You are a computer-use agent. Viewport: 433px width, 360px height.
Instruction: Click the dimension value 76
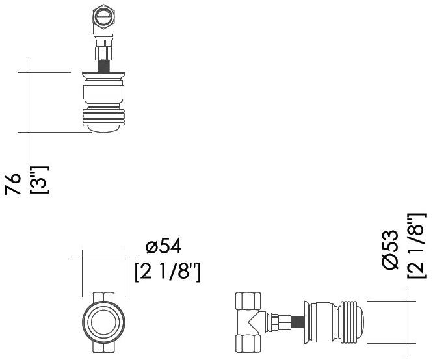(x=13, y=184)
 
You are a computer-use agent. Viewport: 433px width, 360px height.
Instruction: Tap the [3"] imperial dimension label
(x=40, y=180)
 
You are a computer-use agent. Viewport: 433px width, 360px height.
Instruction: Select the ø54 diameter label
(x=164, y=246)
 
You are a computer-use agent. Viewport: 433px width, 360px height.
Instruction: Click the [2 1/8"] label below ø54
(x=168, y=272)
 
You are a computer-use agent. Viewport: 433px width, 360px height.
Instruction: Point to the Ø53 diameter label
(x=391, y=250)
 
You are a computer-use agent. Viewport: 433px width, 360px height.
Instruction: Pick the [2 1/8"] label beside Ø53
(x=417, y=246)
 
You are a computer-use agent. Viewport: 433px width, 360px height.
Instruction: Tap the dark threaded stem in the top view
(x=103, y=66)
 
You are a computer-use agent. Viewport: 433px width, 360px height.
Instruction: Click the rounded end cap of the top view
(x=103, y=129)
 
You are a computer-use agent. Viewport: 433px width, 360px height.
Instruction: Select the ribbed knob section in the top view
(x=103, y=117)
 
